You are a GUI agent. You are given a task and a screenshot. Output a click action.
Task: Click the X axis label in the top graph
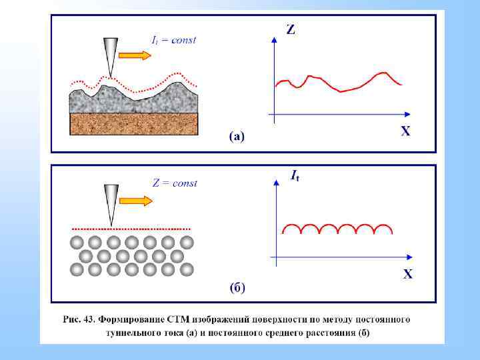pos(405,131)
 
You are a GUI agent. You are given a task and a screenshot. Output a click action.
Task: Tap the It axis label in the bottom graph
pos(294,176)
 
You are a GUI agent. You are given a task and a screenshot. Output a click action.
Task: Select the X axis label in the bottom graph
pos(407,274)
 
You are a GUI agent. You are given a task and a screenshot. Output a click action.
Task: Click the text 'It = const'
pos(173,40)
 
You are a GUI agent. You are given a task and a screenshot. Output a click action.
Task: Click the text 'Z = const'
pos(175,183)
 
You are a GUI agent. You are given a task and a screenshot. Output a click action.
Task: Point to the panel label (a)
pos(237,137)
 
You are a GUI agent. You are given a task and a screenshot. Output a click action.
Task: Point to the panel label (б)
pos(238,288)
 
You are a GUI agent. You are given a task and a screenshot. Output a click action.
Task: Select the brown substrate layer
pos(135,123)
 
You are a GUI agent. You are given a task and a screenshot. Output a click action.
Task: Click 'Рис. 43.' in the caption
pos(79,319)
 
